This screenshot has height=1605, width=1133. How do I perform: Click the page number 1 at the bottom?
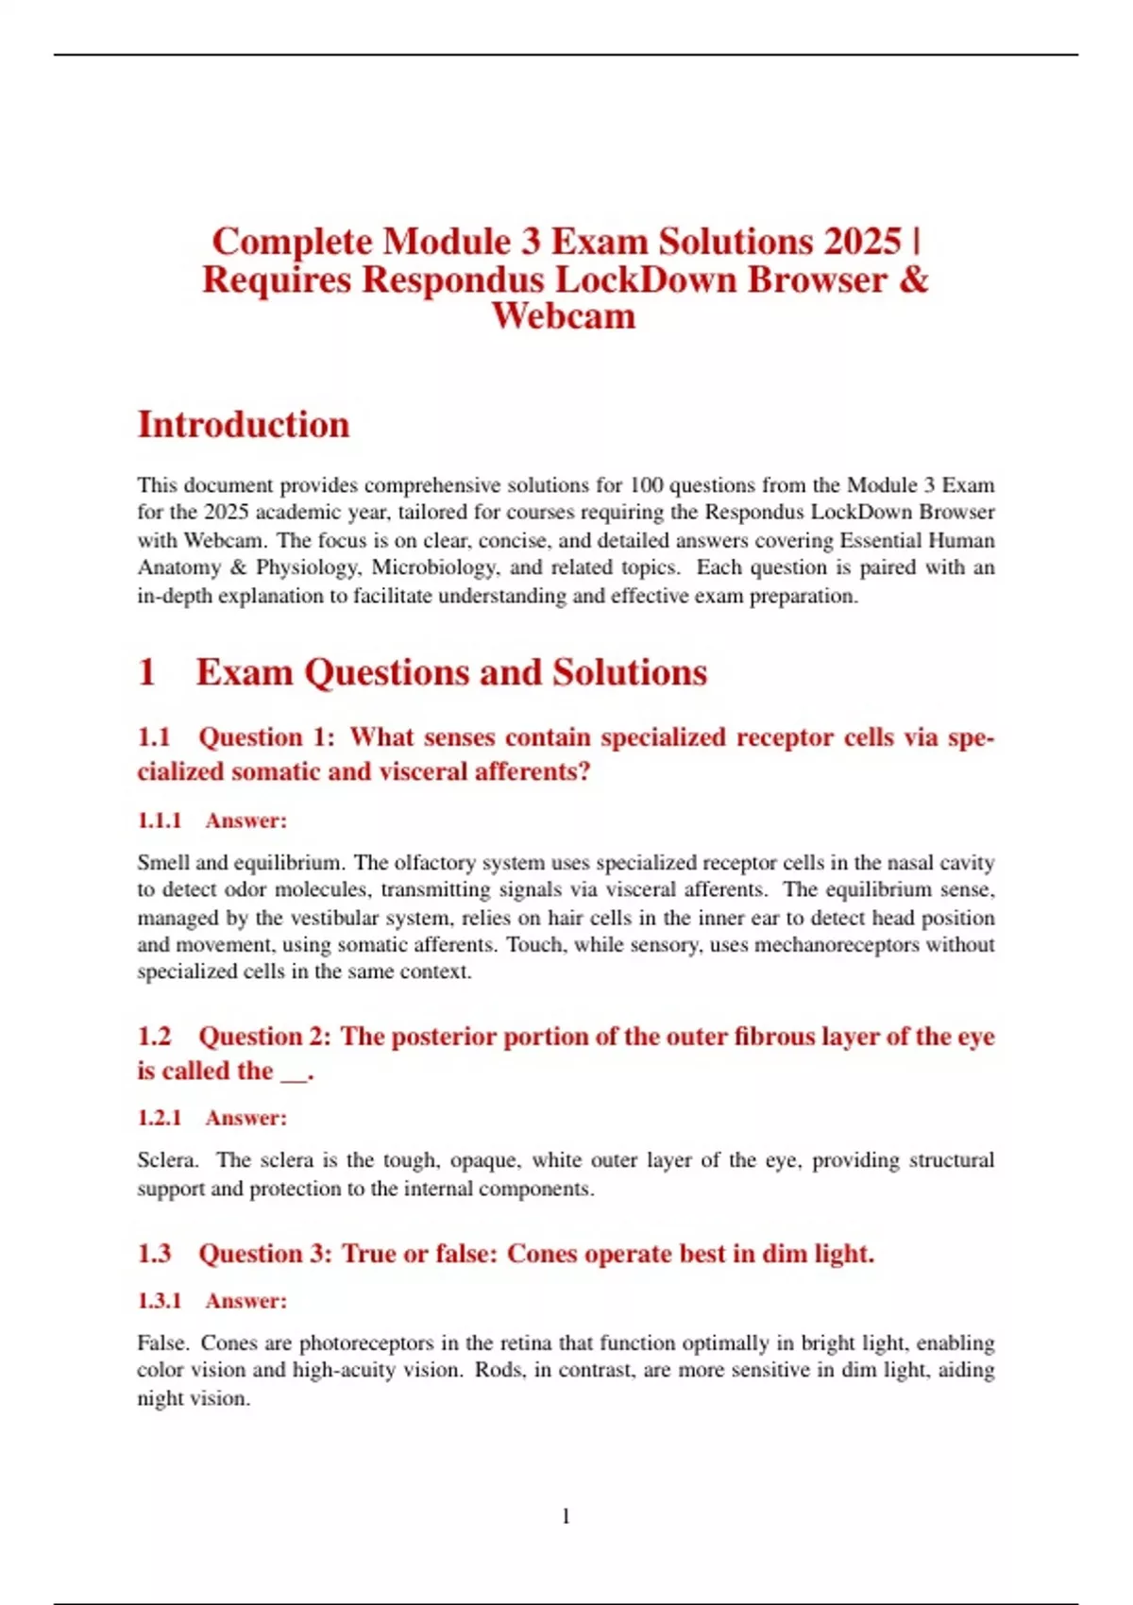coord(566,1516)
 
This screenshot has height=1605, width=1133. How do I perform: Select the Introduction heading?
coord(244,425)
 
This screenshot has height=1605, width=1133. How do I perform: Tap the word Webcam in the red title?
coord(564,315)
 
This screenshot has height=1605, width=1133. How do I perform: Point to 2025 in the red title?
coord(862,242)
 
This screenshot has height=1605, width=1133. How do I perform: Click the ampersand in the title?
coord(914,279)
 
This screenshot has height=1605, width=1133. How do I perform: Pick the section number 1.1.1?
coord(159,820)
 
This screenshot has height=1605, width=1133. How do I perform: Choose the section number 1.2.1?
coord(159,1118)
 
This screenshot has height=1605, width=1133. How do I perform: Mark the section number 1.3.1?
coord(159,1301)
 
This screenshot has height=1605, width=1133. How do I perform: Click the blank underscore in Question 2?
coord(294,1073)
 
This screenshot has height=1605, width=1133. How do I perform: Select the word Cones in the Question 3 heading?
coord(541,1254)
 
